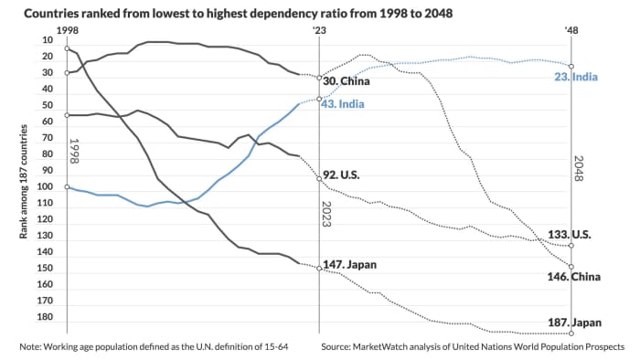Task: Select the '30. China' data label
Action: pyautogui.click(x=348, y=81)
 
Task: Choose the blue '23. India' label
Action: pyautogui.click(x=601, y=77)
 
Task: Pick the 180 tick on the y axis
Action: pyautogui.click(x=46, y=317)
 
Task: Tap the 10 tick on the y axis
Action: pyautogui.click(x=48, y=40)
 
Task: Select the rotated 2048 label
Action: pyautogui.click(x=579, y=169)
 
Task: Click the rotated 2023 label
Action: pyautogui.click(x=326, y=212)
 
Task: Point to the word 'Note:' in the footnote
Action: pyautogui.click(x=32, y=348)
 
